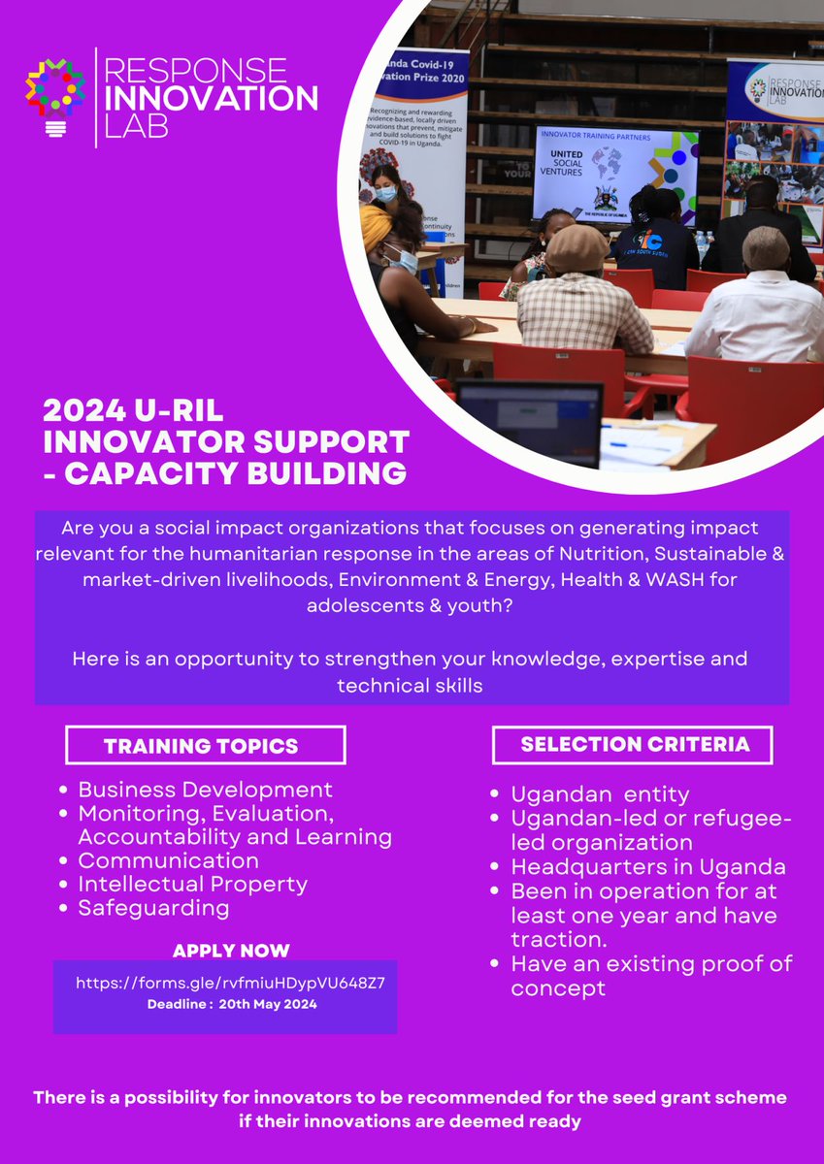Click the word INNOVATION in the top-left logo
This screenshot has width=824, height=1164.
tap(210, 98)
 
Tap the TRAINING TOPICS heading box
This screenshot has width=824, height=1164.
tap(205, 746)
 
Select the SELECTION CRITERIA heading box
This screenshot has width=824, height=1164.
tap(632, 744)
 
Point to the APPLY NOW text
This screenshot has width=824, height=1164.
tap(231, 951)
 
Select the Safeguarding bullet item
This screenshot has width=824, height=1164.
tap(153, 908)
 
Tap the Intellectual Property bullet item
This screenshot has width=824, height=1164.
tap(192, 884)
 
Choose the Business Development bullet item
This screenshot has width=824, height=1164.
tap(205, 790)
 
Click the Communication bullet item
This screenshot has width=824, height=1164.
tap(168, 860)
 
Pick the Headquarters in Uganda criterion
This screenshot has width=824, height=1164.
tap(648, 866)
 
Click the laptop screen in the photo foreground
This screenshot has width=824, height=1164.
tap(529, 421)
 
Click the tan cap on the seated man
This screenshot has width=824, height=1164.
tap(577, 248)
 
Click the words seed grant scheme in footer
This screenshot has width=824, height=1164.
tap(709, 1098)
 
